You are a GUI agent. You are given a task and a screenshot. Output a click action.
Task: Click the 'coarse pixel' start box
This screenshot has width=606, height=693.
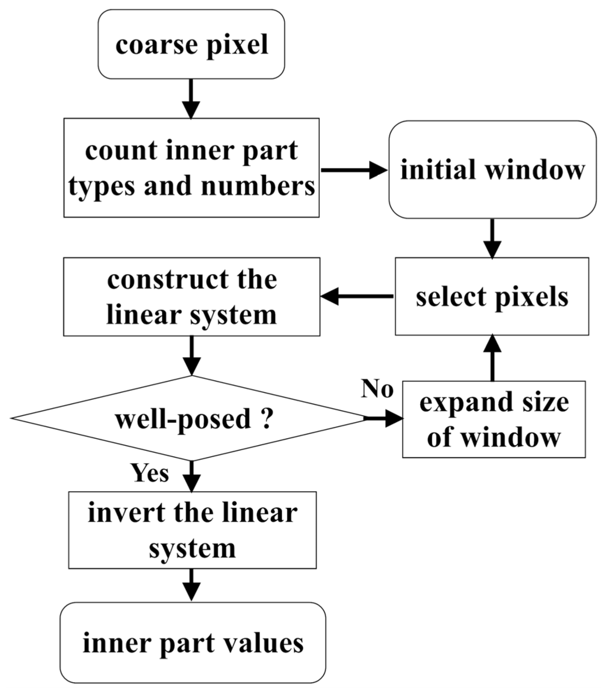pos(191,44)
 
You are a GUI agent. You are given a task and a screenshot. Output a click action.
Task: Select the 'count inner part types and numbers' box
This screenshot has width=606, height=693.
pos(191,168)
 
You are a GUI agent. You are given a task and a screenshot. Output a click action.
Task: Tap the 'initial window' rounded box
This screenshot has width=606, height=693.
pos(493,170)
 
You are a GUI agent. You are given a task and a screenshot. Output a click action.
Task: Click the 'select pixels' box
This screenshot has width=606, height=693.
pos(492,296)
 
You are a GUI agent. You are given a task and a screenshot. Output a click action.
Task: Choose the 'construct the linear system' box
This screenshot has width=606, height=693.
pos(191,297)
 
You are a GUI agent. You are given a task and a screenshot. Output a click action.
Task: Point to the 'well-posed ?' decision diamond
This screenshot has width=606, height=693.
pos(191,418)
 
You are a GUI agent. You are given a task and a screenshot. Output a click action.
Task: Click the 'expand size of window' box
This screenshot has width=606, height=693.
pos(494,419)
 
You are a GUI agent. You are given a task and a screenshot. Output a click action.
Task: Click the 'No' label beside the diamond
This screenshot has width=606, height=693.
pos(377,388)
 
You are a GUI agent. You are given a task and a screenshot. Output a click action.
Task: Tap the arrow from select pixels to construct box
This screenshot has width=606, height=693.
pos(357,296)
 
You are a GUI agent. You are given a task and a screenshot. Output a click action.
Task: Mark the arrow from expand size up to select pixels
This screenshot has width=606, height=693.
pos(492,358)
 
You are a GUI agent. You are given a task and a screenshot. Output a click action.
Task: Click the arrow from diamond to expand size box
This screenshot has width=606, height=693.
pos(384,418)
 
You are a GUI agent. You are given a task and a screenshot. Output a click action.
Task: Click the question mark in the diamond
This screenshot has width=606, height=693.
pos(266,418)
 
